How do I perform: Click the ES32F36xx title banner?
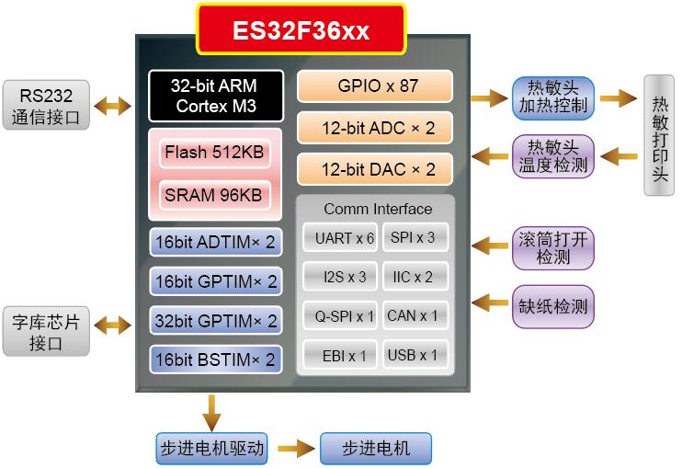(x=301, y=30)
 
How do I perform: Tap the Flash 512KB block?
(x=213, y=152)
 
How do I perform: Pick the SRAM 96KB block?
(x=213, y=195)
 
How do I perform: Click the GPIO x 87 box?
(x=375, y=86)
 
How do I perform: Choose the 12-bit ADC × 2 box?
(x=375, y=127)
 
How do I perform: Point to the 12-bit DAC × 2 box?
(x=375, y=169)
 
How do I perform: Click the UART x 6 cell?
(x=338, y=237)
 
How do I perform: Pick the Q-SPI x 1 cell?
(x=338, y=315)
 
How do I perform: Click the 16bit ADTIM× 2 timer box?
(x=215, y=242)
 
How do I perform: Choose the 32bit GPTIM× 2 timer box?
(x=215, y=321)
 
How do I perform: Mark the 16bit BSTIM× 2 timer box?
(x=215, y=360)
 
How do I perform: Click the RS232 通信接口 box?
(x=46, y=105)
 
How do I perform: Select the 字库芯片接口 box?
(x=46, y=332)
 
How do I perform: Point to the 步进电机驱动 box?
(x=211, y=449)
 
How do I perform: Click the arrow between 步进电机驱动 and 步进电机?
(x=294, y=449)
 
